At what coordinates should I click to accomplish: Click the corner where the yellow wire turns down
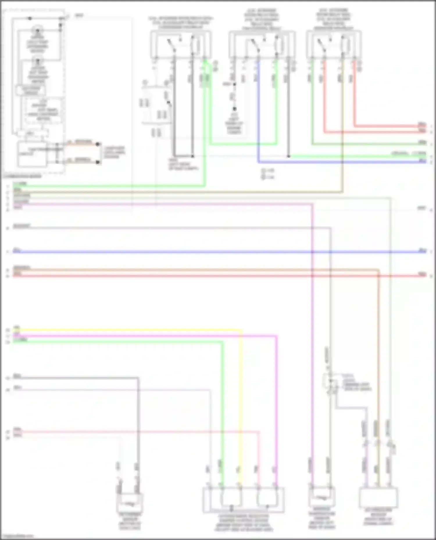click(241, 330)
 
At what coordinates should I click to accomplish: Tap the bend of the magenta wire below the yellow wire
click(276, 336)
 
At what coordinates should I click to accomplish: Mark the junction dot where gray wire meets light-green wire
click(288, 156)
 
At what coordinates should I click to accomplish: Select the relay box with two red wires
click(333, 44)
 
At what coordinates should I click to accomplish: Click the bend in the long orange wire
click(378, 270)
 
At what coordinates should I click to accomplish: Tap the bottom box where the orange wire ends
click(378, 497)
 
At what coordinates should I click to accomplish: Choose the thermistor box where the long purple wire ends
click(321, 498)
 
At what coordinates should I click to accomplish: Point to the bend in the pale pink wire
click(258, 432)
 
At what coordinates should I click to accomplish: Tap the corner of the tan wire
click(342, 192)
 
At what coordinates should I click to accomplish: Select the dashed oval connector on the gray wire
click(330, 380)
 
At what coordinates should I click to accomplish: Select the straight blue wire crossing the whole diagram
click(218, 252)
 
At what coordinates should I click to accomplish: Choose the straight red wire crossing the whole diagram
click(218, 276)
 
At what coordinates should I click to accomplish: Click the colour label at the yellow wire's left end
click(17, 328)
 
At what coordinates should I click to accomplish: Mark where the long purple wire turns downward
click(312, 204)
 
